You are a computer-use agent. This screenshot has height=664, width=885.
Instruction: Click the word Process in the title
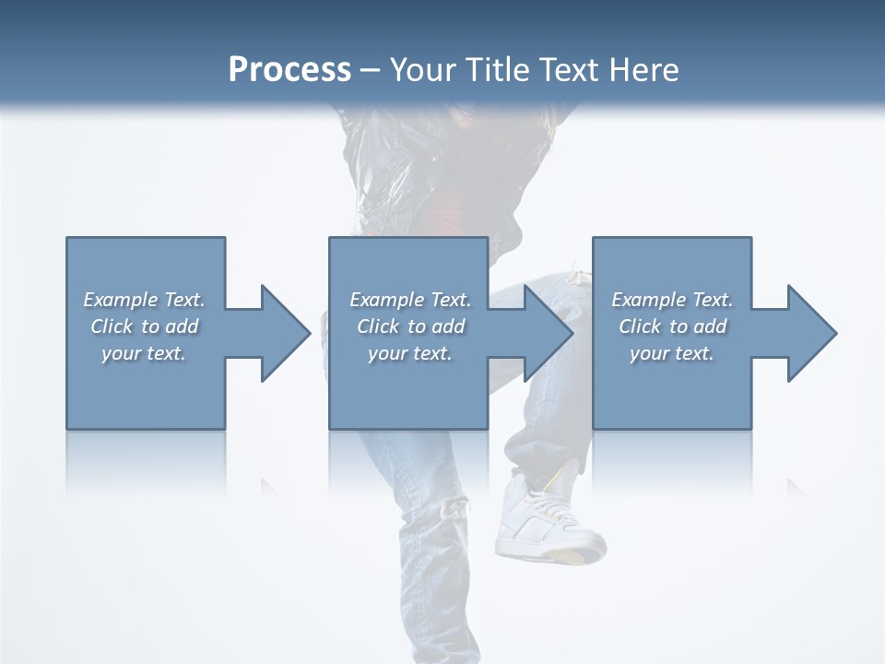pos(289,70)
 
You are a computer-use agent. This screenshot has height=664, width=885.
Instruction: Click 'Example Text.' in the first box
pos(144,300)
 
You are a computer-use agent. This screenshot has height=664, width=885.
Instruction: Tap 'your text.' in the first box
pos(144,353)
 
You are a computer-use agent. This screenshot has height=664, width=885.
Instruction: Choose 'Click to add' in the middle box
pos(410,326)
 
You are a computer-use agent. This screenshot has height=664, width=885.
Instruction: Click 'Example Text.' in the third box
pos(672,300)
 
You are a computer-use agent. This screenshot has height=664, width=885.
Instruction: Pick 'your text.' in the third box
pos(672,353)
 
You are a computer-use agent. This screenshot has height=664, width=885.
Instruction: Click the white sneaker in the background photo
pos(544,516)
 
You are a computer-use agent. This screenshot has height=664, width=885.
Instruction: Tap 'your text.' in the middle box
pos(410,353)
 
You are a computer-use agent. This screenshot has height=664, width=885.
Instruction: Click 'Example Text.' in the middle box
pos(410,300)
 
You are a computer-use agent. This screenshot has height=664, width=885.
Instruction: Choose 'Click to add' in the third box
pos(672,326)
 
